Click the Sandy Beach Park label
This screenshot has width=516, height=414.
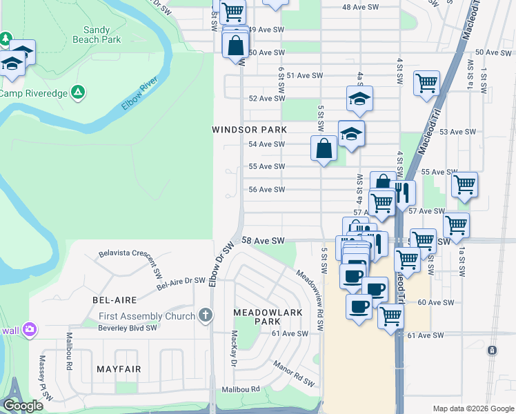101,34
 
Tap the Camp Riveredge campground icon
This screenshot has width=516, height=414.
79,91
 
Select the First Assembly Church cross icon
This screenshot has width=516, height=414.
204,316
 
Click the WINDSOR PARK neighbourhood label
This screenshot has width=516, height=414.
249,130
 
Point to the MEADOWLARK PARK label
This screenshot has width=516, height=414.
256,317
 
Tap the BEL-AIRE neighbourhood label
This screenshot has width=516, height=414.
115,300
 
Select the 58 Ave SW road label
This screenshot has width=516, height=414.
264,240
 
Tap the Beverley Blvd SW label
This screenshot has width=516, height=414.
109,330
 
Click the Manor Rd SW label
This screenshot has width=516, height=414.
294,373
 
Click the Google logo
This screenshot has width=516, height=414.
22,406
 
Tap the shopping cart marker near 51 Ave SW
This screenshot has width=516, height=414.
427,83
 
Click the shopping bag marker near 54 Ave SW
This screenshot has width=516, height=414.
324,148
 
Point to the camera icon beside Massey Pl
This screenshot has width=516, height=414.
29,329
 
